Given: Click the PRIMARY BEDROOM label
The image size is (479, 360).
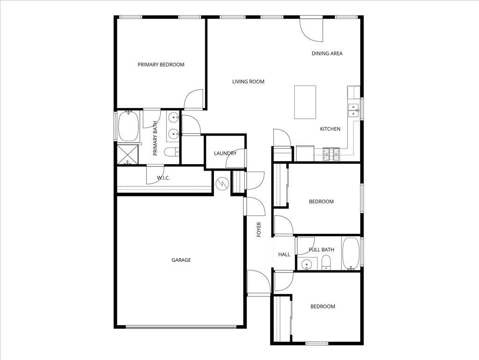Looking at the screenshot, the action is pyautogui.click(x=161, y=65).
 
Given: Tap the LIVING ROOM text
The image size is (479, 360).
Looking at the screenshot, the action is pyautogui.click(x=248, y=81).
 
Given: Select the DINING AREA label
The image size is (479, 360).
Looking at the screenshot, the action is pyautogui.click(x=327, y=53).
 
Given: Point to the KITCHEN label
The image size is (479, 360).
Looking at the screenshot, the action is pyautogui.click(x=330, y=129).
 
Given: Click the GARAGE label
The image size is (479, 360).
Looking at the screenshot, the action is pyautogui.click(x=181, y=260).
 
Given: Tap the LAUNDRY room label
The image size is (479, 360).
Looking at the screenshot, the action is pyautogui.click(x=225, y=153).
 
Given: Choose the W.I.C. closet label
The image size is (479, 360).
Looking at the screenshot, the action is pyautogui.click(x=163, y=178).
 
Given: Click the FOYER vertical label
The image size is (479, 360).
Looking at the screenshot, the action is pyautogui.click(x=259, y=230).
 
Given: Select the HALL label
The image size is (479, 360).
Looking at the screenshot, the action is pyautogui.click(x=284, y=254).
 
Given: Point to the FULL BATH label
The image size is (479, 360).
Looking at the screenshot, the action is pyautogui.click(x=321, y=250).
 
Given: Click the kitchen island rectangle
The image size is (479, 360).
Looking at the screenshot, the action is pyautogui.click(x=305, y=102).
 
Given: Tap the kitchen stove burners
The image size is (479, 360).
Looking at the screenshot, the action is pyautogui.click(x=332, y=154).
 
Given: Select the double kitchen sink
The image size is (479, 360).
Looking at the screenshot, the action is pyautogui.click(x=354, y=110).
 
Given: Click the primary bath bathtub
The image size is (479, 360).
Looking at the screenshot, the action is pyautogui.click(x=128, y=126).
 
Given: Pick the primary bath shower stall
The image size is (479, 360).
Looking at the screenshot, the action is pyautogui.click(x=128, y=154).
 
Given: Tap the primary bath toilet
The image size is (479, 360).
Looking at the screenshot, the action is pyautogui.click(x=172, y=152).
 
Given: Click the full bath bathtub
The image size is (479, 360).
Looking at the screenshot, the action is pyautogui.click(x=351, y=254).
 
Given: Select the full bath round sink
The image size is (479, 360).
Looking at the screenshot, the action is pyautogui.click(x=305, y=264).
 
